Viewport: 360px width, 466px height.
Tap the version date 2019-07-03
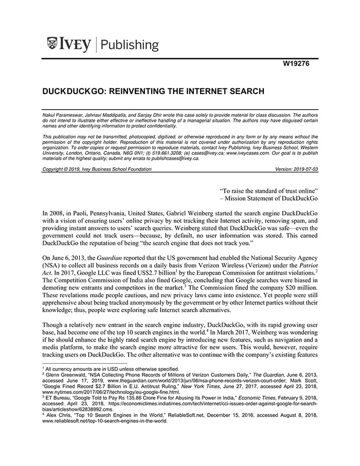[304, 169]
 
